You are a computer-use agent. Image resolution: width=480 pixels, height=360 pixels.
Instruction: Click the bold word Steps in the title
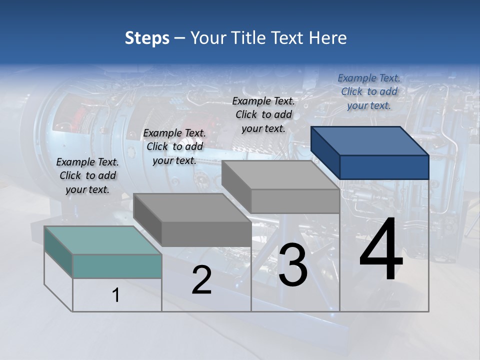pyautogui.click(x=147, y=38)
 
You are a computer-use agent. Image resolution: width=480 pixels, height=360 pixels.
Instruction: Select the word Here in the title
pyautogui.click(x=328, y=38)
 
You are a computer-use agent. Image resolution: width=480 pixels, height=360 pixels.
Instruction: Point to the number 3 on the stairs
pyautogui.click(x=292, y=265)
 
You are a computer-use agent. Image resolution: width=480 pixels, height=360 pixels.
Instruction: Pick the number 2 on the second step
pyautogui.click(x=201, y=280)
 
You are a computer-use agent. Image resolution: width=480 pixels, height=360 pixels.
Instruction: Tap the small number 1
pyautogui.click(x=116, y=295)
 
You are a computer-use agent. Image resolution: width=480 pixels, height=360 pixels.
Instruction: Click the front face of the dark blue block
pyautogui.click(x=384, y=167)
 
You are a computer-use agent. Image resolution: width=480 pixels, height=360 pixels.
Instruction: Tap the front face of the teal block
pyautogui.click(x=117, y=266)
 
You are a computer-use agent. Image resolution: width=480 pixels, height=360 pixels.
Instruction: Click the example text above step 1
pyautogui.click(x=87, y=176)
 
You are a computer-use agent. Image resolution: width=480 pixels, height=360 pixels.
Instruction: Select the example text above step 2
pyautogui.click(x=174, y=147)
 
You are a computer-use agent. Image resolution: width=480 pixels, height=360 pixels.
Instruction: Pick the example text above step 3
pyautogui.click(x=263, y=115)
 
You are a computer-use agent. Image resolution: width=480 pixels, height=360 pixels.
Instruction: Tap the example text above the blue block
pyautogui.click(x=369, y=92)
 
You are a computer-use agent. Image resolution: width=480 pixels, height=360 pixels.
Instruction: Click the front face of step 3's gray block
pyautogui.click(x=295, y=201)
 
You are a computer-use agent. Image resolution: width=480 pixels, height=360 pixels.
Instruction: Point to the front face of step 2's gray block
pyautogui.click(x=206, y=234)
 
